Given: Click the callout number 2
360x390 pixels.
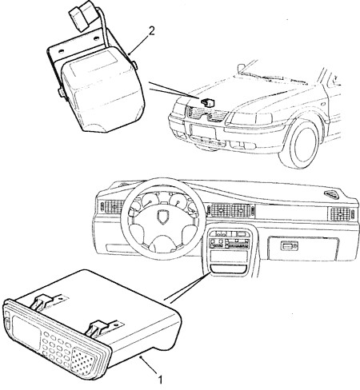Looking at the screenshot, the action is click(151, 31).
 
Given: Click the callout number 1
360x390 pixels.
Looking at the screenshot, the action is click(160, 380).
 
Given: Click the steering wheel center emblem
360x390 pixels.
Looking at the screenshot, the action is click(162, 216).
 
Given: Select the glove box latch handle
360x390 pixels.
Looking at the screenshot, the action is click(289, 246).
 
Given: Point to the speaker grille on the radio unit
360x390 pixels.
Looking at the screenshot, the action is click(83, 361).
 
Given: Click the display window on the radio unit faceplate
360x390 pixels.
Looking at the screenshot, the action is click(26, 332).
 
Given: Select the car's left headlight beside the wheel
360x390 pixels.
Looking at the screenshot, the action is click(251, 118).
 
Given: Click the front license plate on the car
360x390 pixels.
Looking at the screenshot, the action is click(203, 132).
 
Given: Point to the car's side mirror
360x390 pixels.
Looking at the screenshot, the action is click(241, 69).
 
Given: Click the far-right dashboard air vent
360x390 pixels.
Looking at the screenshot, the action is click(341, 213).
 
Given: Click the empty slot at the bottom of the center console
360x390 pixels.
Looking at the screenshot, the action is click(229, 269).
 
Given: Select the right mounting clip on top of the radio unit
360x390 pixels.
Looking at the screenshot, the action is click(101, 326).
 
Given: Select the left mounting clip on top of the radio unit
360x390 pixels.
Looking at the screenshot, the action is click(44, 301).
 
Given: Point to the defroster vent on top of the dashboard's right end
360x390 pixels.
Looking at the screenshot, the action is click(332, 194).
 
